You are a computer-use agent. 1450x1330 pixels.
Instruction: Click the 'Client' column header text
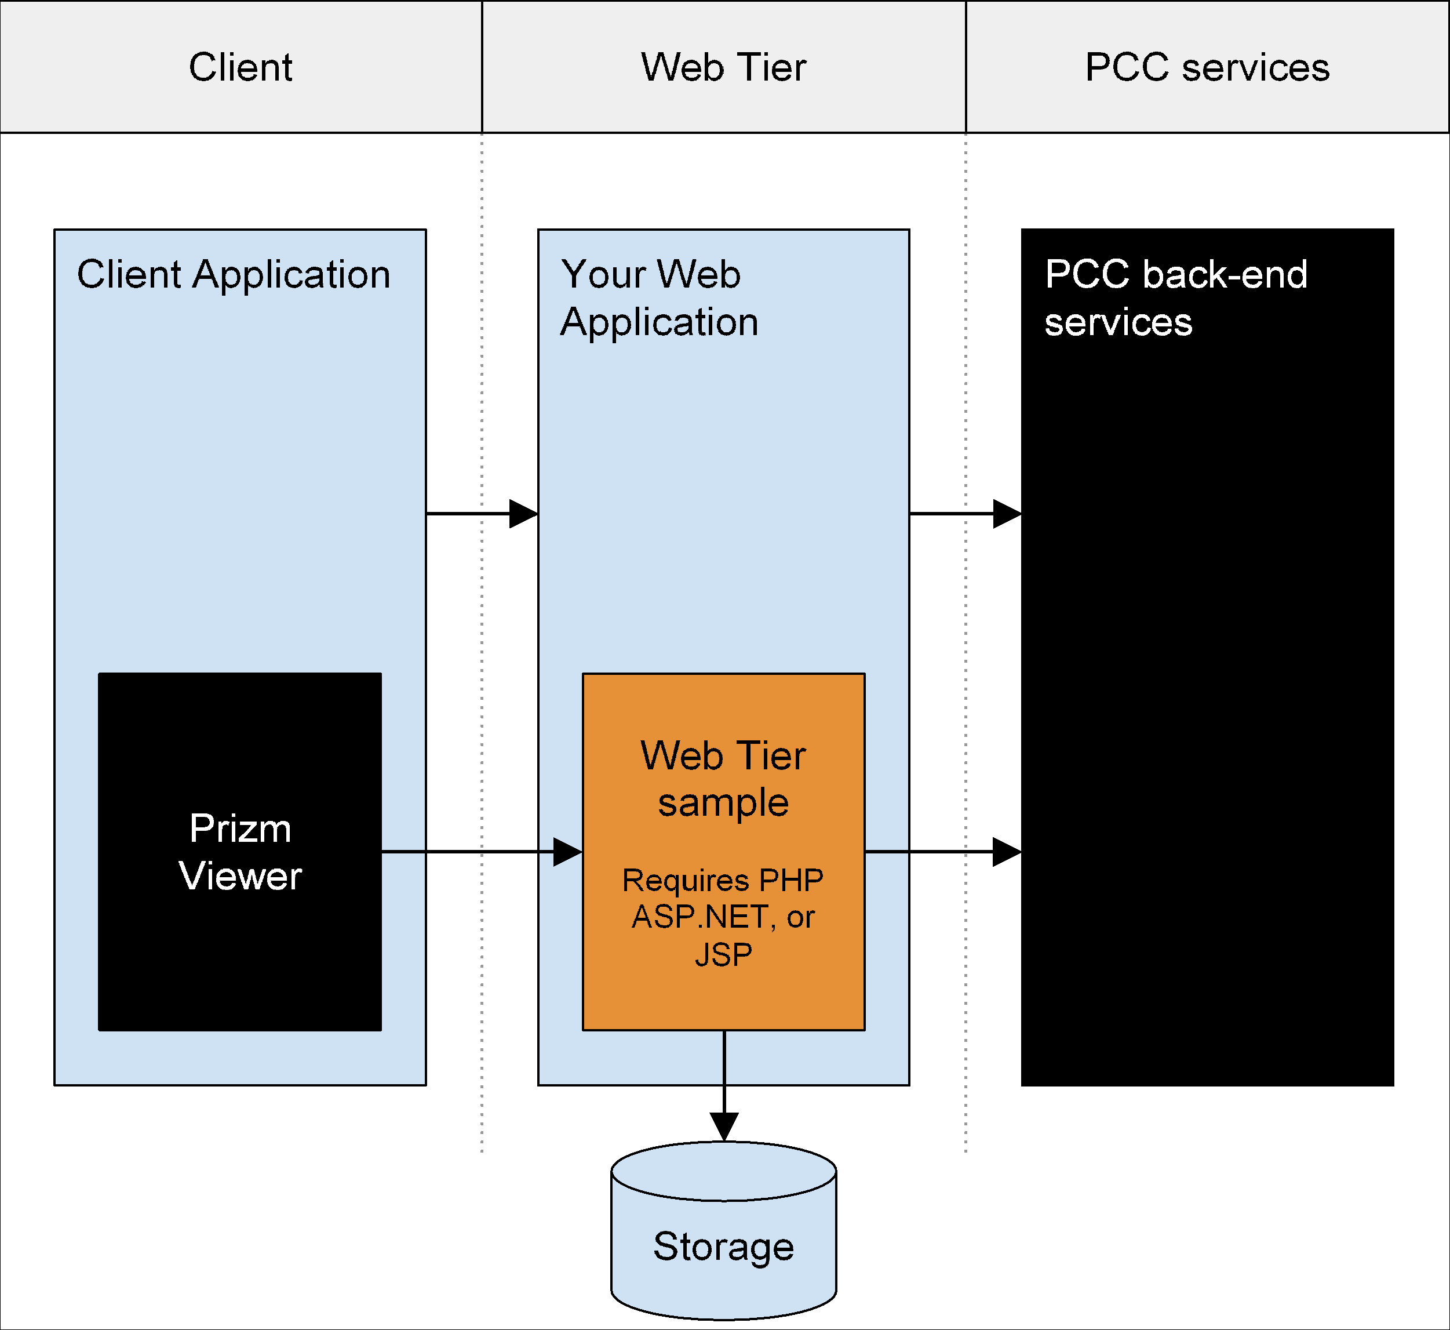241,68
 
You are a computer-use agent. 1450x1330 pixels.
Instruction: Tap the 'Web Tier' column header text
724,68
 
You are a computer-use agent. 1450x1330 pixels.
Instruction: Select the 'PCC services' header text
1207,68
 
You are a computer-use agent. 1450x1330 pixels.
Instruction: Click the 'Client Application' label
234,274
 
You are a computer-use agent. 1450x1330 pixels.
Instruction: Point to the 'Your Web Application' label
658,298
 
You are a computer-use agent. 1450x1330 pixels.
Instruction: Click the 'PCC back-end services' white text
1175,298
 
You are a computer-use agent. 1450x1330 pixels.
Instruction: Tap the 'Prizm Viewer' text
241,852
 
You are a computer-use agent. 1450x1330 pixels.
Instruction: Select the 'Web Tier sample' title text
724,778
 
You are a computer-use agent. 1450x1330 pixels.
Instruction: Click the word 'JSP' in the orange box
724,954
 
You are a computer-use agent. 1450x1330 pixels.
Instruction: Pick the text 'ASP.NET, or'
724,917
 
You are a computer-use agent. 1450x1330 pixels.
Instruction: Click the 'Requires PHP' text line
724,880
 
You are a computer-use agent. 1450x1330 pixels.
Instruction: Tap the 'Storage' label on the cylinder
724,1246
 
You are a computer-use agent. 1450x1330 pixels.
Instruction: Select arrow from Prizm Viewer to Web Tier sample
482,852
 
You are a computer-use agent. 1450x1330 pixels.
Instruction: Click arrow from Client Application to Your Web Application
482,513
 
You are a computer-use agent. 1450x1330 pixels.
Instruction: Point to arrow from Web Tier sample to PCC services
942,852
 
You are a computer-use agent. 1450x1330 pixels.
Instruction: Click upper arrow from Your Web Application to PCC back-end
966,513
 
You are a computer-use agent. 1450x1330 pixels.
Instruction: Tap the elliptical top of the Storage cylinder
724,1171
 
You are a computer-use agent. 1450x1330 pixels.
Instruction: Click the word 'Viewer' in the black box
241,876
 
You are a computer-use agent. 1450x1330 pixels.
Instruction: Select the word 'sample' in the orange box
724,802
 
